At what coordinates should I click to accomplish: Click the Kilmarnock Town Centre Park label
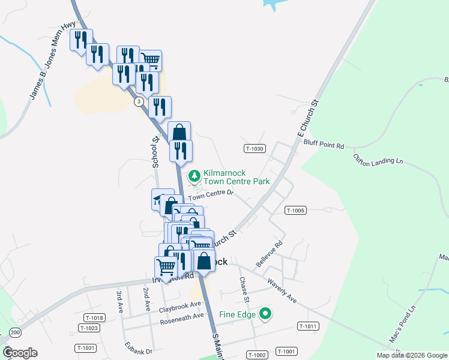(237, 176)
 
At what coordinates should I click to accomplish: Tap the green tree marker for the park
(194, 176)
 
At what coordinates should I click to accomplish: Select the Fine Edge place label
(237, 314)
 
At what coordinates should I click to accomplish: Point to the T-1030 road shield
(255, 148)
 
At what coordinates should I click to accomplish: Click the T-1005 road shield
(296, 211)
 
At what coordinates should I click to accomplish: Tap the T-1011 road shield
(307, 326)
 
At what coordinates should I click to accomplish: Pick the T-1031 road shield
(86, 348)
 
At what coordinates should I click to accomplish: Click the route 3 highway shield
(139, 101)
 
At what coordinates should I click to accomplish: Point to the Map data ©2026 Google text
(412, 355)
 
